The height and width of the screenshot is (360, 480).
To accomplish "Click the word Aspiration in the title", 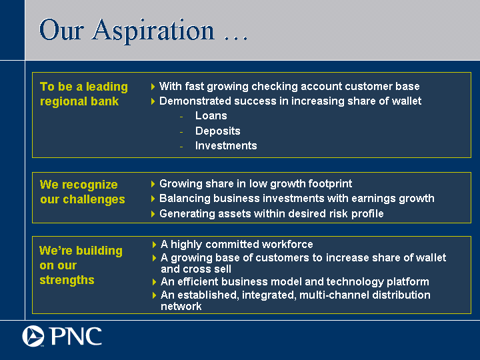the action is click(153, 31).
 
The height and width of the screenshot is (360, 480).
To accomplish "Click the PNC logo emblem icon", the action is click(33, 336).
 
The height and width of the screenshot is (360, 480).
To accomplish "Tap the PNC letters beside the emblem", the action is click(75, 336).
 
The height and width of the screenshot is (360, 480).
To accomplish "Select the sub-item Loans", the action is click(211, 116).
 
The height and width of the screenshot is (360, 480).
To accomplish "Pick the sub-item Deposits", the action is click(217, 131).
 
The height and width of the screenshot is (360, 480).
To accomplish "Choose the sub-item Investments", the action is click(226, 146).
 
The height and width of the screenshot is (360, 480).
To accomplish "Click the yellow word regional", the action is click(61, 101).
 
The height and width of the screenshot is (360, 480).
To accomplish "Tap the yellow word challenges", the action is click(94, 199).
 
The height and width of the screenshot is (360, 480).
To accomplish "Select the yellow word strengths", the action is click(67, 280).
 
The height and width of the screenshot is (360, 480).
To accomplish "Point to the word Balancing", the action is click(185, 199).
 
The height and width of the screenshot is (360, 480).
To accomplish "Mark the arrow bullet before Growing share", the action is click(153, 184).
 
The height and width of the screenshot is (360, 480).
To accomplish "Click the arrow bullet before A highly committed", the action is click(154, 244).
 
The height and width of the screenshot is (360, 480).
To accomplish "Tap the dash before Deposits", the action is click(181, 132).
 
